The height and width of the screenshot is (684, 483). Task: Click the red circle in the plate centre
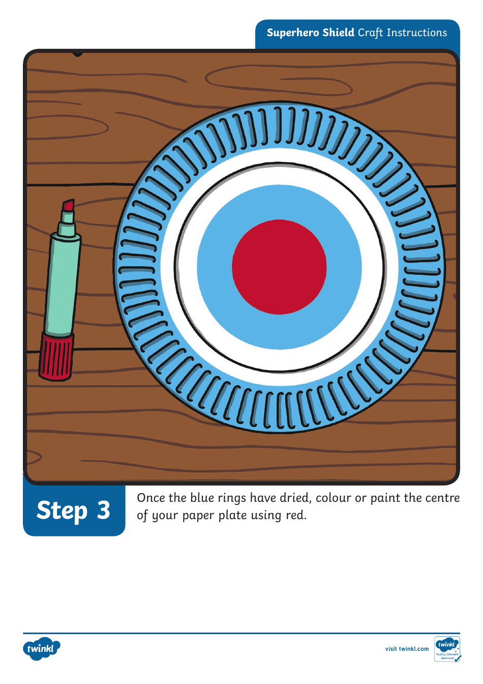279,267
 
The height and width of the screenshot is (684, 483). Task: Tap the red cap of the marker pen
56,356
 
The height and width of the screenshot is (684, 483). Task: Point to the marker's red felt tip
68,206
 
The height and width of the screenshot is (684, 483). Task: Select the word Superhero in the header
292,33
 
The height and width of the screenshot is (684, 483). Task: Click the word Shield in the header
338,33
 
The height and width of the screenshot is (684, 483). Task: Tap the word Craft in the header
370,33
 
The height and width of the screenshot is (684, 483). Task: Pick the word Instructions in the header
417,33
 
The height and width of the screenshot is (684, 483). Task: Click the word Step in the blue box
62,510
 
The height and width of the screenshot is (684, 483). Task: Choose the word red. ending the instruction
296,515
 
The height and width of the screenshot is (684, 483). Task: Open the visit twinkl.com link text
407,649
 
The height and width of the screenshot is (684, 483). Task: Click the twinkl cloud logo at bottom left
41,649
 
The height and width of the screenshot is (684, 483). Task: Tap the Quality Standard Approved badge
447,649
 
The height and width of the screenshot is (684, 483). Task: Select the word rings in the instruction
232,498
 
